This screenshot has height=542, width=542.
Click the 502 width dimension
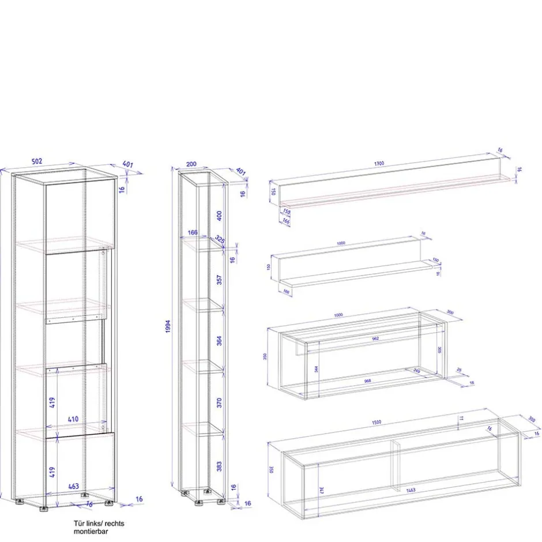pos(36,161)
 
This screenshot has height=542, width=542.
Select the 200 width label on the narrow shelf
pos(191,164)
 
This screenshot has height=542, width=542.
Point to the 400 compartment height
pos(219,215)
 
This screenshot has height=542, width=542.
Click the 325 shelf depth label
pos(220,238)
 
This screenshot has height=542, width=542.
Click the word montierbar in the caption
pos(91,531)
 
